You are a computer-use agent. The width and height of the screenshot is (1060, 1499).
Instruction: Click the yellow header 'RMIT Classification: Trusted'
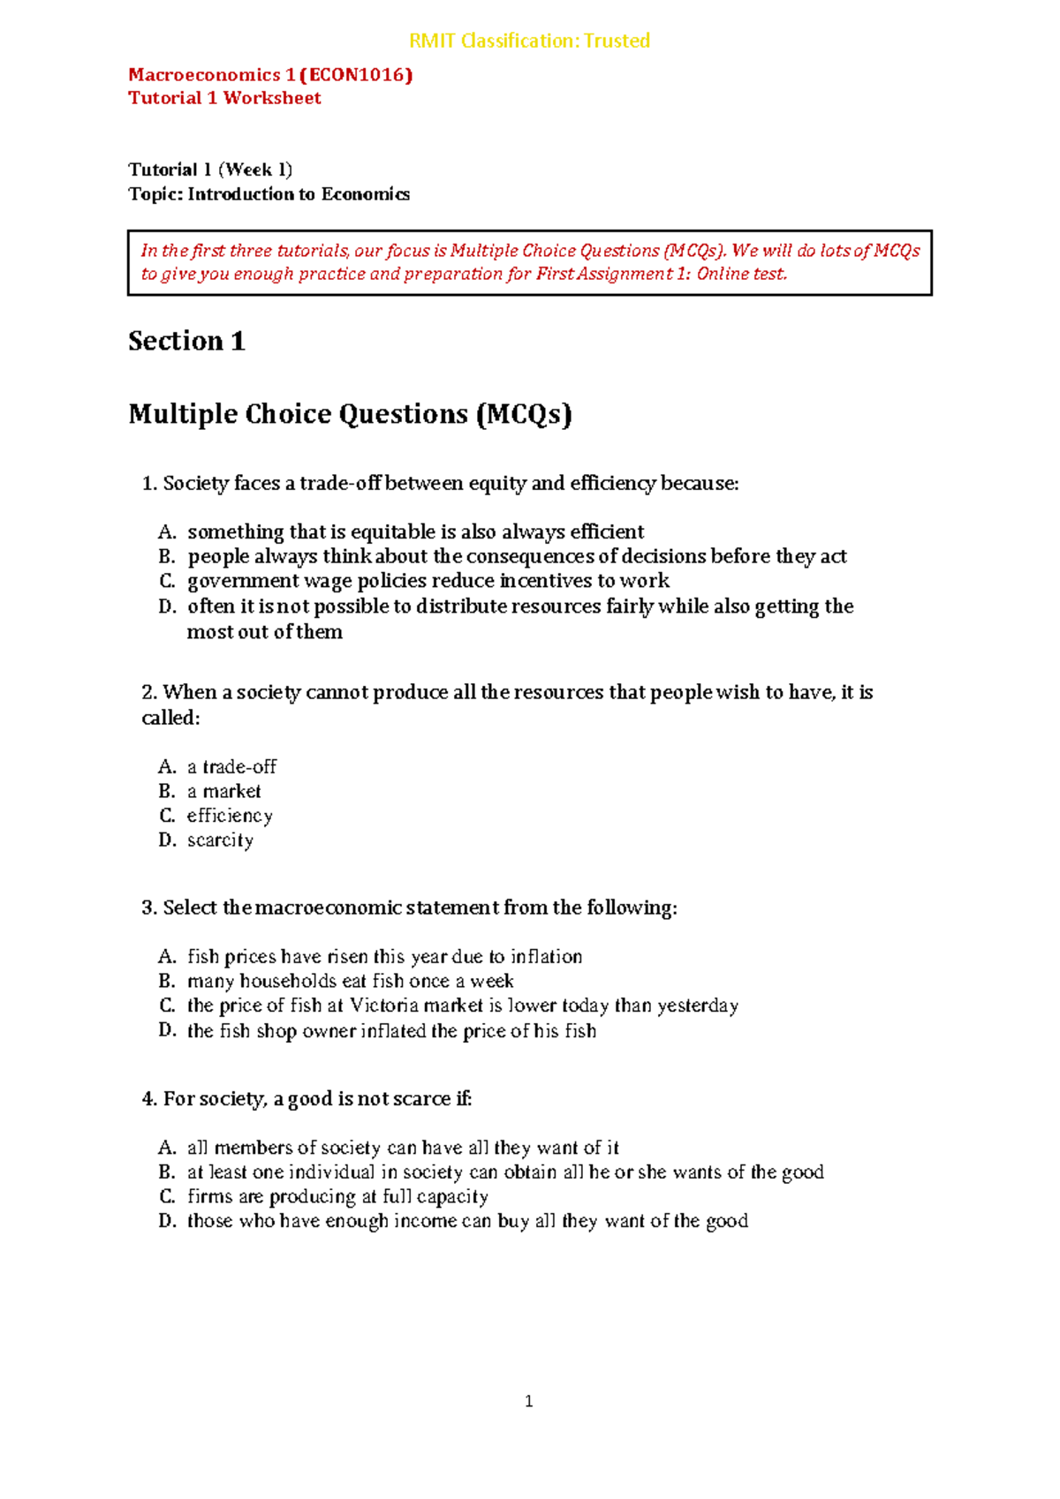529,41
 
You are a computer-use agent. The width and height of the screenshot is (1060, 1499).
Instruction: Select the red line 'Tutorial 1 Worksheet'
224,98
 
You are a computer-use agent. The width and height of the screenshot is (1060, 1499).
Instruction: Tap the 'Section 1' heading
186,341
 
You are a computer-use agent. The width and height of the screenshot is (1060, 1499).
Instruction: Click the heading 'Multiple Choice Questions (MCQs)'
350,413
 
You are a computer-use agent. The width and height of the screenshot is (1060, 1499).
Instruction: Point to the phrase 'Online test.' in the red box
741,274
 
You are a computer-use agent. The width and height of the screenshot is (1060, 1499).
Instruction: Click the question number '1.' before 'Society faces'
149,483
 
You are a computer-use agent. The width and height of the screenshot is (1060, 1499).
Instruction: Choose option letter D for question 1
167,606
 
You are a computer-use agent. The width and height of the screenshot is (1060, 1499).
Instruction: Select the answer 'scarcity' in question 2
220,840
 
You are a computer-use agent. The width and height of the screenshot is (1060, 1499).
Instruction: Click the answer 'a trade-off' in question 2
231,766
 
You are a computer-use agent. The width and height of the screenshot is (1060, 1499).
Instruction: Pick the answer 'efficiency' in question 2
230,816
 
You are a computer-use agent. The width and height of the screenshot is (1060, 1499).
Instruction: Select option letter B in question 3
167,981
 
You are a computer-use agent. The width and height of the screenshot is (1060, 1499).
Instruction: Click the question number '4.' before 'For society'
149,1098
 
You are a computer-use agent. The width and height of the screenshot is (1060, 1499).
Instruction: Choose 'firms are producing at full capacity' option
337,1196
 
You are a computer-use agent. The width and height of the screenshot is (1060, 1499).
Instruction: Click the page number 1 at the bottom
528,1401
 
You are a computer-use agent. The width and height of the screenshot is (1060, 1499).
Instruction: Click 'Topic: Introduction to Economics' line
269,194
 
